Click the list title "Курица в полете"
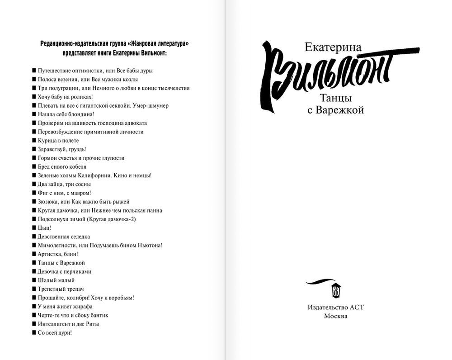(59, 141)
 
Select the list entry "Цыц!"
(44, 228)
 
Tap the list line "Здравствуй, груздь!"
(62, 149)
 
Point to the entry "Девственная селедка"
(64, 237)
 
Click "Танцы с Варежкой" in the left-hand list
(61, 263)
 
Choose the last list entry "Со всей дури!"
(55, 332)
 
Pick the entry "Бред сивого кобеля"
(62, 167)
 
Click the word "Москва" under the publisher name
(335, 316)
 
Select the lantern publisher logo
(336, 289)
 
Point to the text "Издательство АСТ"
(335, 307)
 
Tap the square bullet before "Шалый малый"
(34, 280)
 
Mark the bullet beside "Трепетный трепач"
(34, 289)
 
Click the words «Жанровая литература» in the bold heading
(158, 43)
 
